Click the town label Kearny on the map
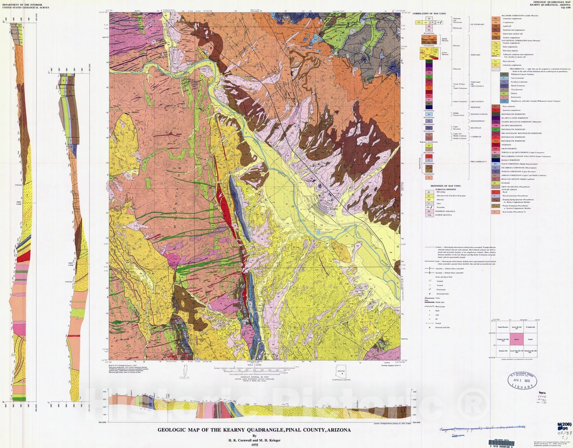333,209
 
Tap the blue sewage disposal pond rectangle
318,233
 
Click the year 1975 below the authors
254,445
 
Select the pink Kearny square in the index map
516,339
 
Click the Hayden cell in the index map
530,339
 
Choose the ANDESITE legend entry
506,145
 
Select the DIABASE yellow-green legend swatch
495,183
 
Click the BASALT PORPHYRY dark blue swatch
495,160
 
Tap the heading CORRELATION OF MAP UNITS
429,14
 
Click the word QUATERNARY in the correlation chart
477,24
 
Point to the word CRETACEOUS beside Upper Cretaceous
477,102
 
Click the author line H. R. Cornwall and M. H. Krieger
254,440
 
